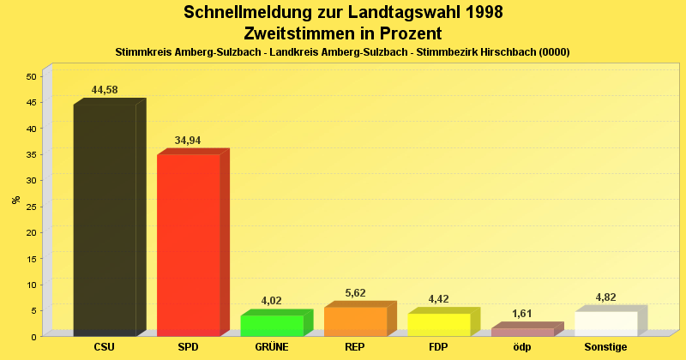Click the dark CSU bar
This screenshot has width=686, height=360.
(105, 219)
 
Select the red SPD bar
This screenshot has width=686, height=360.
(189, 244)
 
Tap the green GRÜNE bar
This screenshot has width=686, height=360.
(272, 326)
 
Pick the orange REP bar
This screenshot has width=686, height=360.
(355, 321)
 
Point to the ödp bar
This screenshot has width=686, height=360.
(522, 332)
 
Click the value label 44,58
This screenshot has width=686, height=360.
(105, 90)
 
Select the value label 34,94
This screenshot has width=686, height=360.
(188, 141)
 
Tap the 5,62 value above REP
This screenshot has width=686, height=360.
(355, 293)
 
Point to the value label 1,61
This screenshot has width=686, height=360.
(522, 314)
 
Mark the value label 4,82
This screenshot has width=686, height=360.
(606, 297)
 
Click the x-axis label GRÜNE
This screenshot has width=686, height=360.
(272, 347)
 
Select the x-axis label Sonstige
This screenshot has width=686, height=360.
(606, 347)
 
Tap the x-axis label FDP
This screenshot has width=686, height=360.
(439, 347)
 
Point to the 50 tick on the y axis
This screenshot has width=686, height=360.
(31, 76)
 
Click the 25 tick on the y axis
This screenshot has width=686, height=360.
(31, 207)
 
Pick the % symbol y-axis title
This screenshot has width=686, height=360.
(15, 200)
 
